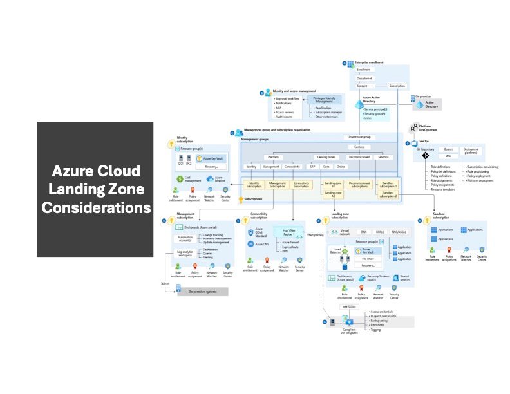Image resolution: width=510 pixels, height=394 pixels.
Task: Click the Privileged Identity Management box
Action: click(x=328, y=98)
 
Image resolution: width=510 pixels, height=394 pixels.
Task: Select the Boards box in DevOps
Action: click(x=448, y=149)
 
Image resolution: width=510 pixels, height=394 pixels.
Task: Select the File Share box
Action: click(x=368, y=258)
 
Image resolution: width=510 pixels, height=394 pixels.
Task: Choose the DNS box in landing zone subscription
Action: click(x=363, y=231)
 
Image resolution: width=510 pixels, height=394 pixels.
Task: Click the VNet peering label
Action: click(x=315, y=235)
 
